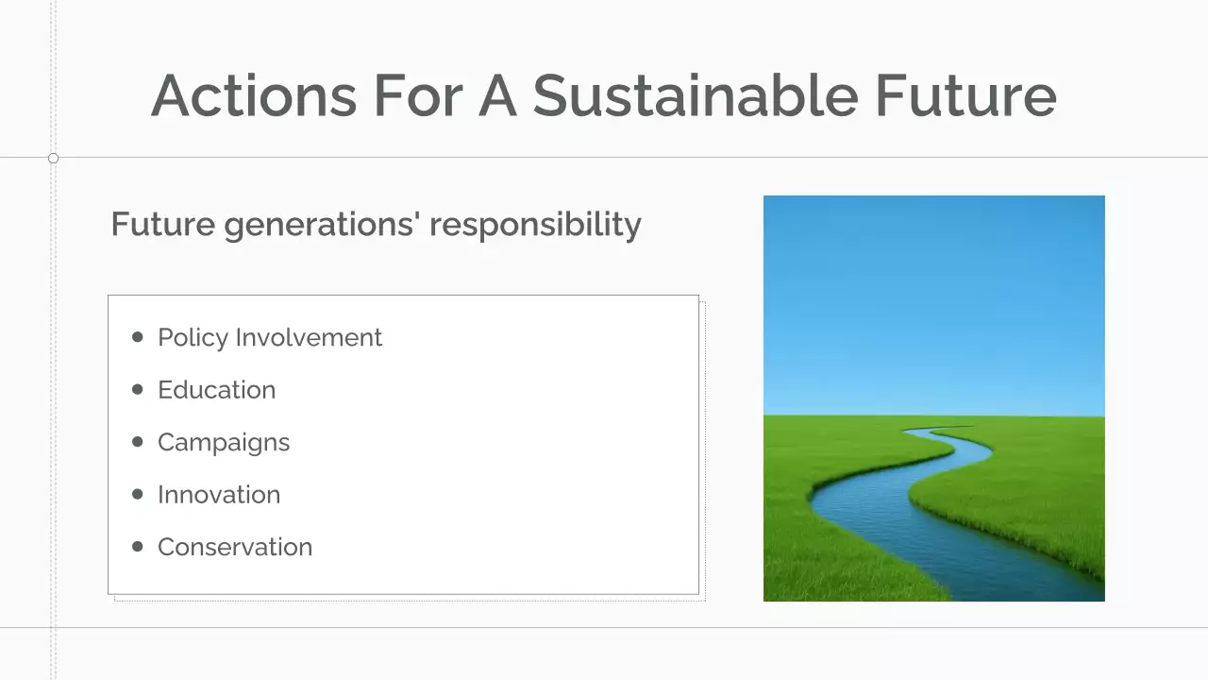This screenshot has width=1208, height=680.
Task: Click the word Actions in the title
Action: (254, 95)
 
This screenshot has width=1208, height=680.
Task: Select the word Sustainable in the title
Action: (695, 95)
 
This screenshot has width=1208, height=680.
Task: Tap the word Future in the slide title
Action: (965, 95)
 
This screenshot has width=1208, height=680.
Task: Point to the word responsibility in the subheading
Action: (536, 226)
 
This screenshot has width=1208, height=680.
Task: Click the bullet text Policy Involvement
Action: (269, 337)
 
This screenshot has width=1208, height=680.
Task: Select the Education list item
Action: (216, 390)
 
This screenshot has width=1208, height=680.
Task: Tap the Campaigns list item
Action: (224, 442)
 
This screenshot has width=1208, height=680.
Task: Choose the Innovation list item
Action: (219, 495)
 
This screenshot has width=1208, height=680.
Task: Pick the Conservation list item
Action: (235, 547)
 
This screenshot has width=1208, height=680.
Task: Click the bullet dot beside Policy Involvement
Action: (138, 337)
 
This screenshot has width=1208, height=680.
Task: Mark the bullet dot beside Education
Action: (138, 389)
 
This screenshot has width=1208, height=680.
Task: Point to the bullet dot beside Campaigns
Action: (138, 441)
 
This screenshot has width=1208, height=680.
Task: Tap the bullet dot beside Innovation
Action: (138, 494)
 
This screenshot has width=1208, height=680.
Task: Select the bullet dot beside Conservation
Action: (138, 546)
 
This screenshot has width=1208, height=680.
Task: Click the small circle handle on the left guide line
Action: (53, 158)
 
